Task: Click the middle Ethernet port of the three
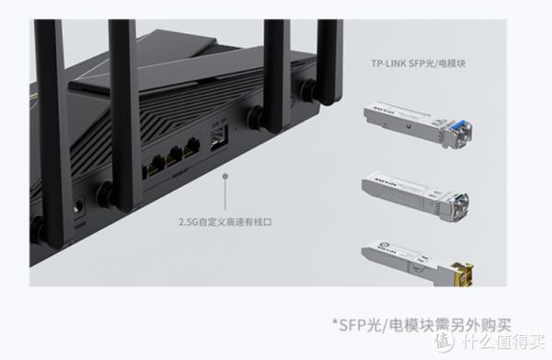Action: pyautogui.click(x=172, y=157)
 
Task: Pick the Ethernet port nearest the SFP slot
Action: pyautogui.click(x=192, y=149)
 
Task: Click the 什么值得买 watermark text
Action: pyautogui.click(x=511, y=343)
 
